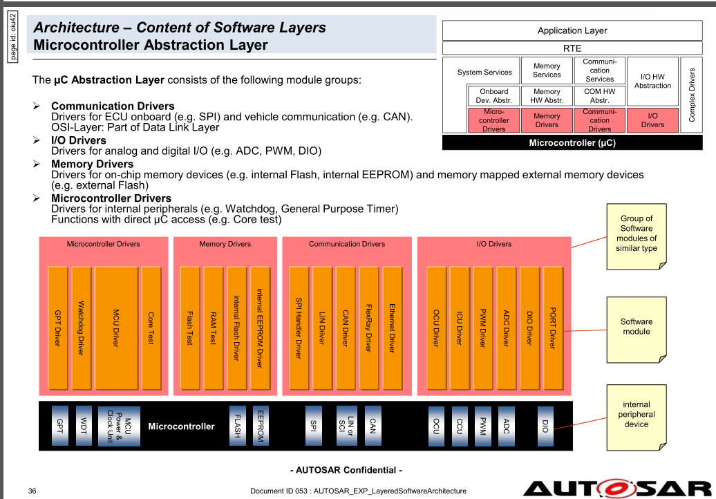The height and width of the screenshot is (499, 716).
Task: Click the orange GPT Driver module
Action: pyautogui.click(x=58, y=328)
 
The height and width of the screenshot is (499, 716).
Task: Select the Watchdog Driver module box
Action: pyautogui.click(x=81, y=328)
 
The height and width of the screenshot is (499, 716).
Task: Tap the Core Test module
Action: pyautogui.click(x=151, y=328)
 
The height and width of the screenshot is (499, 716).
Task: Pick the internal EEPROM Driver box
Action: pyautogui.click(x=259, y=328)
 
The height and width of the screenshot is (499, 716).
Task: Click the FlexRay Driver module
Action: pyautogui.click(x=368, y=328)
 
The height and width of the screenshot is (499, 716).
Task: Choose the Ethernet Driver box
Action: pyautogui.click(x=392, y=328)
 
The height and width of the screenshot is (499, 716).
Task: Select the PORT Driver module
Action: pyautogui.click(x=552, y=328)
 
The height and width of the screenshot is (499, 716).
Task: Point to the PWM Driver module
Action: pyautogui.click(x=482, y=328)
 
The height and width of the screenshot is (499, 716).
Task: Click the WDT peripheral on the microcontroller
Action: pyautogui.click(x=83, y=424)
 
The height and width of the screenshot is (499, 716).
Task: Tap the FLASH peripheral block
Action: pyautogui.click(x=237, y=424)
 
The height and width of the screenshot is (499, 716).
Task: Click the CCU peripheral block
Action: pyautogui.click(x=459, y=424)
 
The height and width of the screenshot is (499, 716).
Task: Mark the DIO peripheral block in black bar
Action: pyautogui.click(x=546, y=424)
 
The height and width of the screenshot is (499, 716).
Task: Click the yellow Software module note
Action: pyautogui.click(x=636, y=328)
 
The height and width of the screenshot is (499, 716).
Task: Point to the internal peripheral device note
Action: pyautogui.click(x=636, y=415)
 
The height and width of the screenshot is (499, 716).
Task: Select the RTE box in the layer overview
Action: pyautogui.click(x=572, y=48)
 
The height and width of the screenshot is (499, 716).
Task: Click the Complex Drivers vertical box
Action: pyautogui.click(x=692, y=95)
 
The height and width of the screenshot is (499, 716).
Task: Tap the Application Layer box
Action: pyautogui.click(x=572, y=30)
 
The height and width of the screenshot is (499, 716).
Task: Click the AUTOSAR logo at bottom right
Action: pyautogui.click(x=618, y=487)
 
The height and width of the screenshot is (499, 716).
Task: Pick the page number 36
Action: pyautogui.click(x=32, y=491)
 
